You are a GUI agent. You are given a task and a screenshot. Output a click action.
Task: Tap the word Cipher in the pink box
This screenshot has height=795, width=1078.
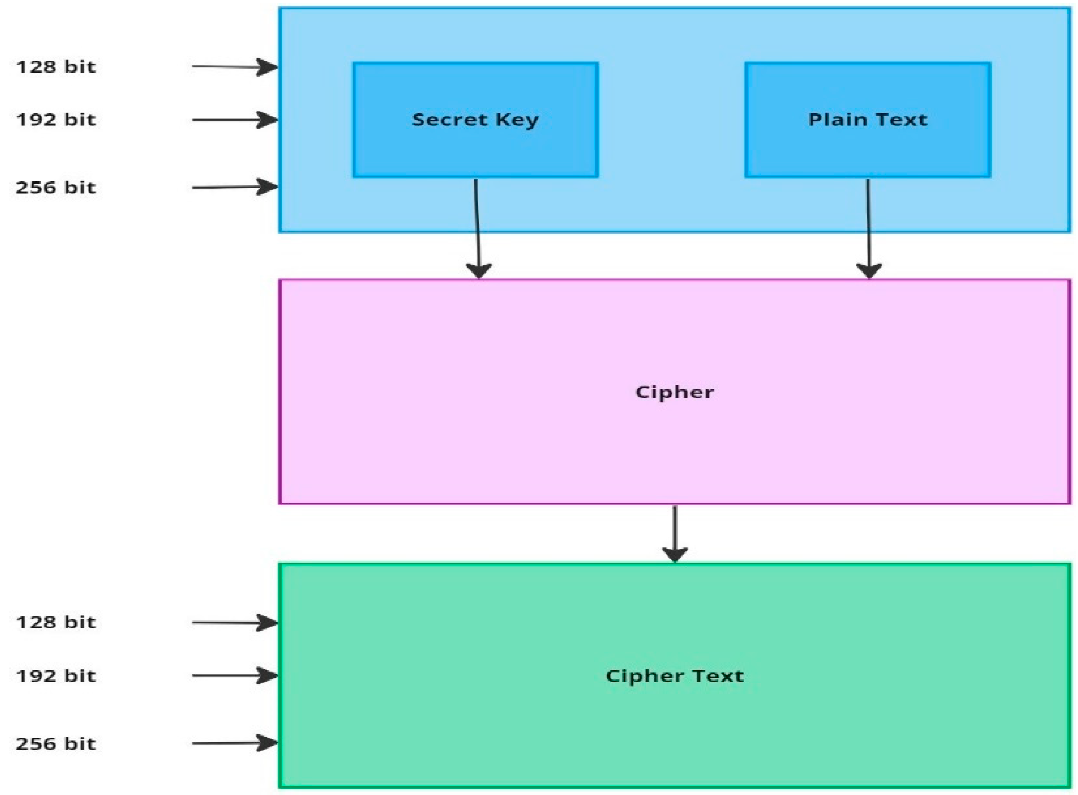point(674,392)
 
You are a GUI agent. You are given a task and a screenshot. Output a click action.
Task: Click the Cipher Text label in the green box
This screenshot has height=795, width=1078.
point(674,676)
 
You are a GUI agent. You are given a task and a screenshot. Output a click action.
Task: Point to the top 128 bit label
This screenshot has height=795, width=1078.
point(56,67)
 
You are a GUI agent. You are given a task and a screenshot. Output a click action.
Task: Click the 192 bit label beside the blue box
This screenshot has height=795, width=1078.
point(56,120)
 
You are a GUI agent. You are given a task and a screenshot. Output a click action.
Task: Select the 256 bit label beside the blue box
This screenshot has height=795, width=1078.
point(56,187)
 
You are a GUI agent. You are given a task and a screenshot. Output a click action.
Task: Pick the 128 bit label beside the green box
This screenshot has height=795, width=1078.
point(56,622)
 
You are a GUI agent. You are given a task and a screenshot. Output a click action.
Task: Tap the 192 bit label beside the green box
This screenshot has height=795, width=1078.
point(56,676)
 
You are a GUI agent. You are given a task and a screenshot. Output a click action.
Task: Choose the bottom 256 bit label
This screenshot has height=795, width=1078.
point(56,743)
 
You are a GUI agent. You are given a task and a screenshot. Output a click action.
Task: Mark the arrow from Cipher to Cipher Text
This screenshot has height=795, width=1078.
point(675,534)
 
